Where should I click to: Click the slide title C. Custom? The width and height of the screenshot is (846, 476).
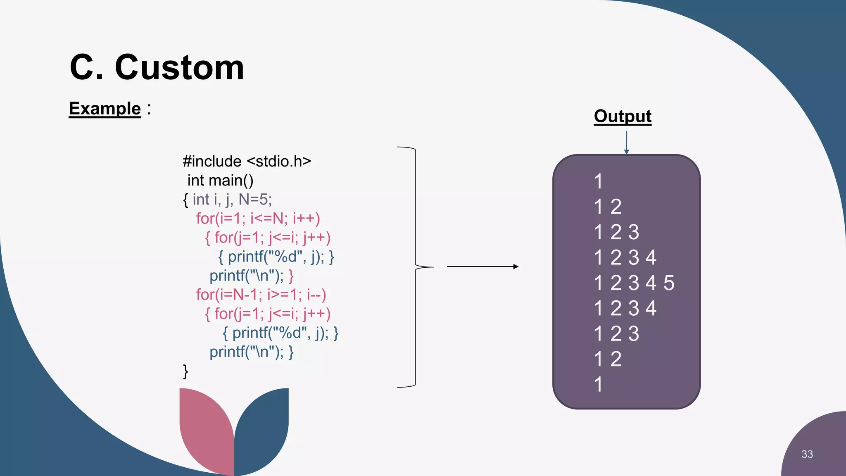tap(157, 67)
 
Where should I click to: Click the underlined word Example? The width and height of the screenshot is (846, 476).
tap(105, 109)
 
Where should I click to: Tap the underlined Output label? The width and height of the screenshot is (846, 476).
tap(623, 116)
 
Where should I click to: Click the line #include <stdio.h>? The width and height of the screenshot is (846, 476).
tap(247, 161)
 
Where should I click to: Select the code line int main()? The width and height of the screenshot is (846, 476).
tap(220, 181)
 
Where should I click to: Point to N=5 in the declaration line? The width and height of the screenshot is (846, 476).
tap(255, 200)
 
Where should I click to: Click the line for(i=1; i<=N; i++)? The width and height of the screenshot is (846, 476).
tap(258, 219)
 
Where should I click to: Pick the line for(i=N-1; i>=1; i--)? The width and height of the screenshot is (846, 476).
tap(261, 295)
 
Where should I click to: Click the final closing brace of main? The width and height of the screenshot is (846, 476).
tap(185, 371)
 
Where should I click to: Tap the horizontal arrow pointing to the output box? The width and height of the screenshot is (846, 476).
tap(482, 267)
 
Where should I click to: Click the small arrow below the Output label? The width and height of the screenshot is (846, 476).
tap(626, 143)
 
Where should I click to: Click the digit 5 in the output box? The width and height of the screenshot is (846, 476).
tap(669, 283)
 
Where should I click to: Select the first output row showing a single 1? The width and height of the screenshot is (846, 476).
tap(598, 181)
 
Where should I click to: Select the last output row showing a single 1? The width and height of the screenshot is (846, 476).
tap(598, 384)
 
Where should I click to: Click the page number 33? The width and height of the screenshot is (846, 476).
tap(807, 454)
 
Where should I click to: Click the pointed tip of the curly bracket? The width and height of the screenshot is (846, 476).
tap(432, 267)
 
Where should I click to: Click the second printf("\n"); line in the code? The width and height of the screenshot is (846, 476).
tap(251, 352)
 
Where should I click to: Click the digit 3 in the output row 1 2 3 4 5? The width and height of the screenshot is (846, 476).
tap(634, 283)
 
